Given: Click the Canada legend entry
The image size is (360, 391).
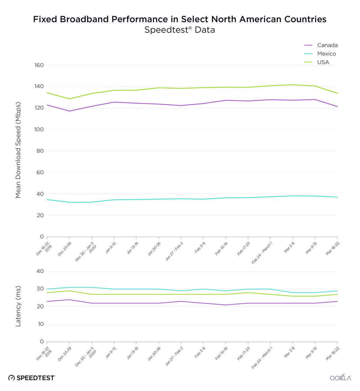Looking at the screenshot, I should pos(327,45).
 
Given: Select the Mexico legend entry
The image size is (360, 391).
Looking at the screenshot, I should pos(326,54).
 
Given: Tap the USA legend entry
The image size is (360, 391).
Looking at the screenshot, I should pos(323,62).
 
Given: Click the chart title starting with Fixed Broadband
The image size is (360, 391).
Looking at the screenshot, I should pos(180,19).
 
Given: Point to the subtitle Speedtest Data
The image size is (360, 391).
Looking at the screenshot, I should pos(180,30).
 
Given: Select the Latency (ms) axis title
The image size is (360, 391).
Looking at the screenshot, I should pos(18,306).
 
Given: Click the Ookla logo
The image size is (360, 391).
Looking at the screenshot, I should pos(340,378).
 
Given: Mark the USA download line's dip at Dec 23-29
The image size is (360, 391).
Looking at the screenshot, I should pos(69,99).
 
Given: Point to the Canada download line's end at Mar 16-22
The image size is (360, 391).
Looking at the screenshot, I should pos(337,106).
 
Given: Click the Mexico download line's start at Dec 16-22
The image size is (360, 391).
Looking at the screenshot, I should pos(47,199).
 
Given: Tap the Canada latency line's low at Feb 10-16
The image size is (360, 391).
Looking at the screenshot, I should pos(226,305).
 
